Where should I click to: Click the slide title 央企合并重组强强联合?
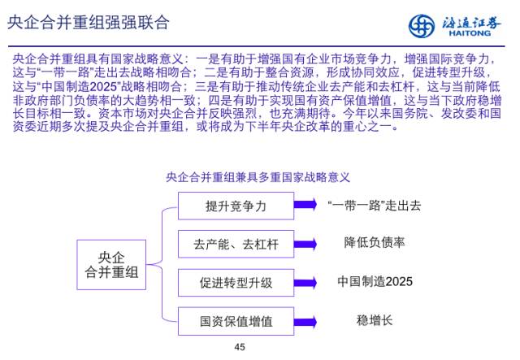(x=89, y=22)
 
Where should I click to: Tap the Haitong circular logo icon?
(x=422, y=25)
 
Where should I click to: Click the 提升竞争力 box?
(x=236, y=206)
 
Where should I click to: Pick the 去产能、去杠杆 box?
(x=236, y=245)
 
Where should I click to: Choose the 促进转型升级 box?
(x=236, y=283)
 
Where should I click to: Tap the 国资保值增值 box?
(x=236, y=321)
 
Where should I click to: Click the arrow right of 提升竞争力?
(x=306, y=206)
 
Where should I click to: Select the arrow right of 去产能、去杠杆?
(x=306, y=245)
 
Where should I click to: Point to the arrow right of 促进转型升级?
(x=306, y=283)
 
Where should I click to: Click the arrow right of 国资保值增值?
(x=306, y=321)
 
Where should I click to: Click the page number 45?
(x=239, y=347)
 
